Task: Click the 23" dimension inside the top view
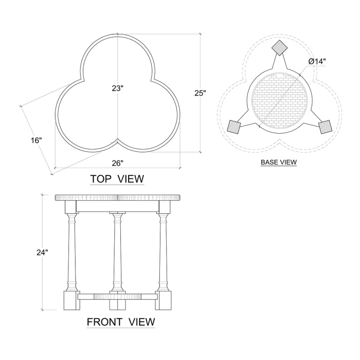coord(118,88)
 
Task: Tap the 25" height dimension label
coord(200,93)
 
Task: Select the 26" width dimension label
coord(117,164)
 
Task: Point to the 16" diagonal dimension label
coord(36,140)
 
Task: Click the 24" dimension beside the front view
coord(42,253)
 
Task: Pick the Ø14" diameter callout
coord(317,62)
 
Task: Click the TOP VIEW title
coord(117,179)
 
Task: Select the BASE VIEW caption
coord(279,162)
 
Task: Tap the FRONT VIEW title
coord(120,322)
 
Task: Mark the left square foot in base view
coord(235,126)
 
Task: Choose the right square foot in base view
coord(325,127)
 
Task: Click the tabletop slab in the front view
coord(118,197)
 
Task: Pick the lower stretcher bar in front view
coord(118,296)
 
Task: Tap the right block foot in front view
coord(164,300)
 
